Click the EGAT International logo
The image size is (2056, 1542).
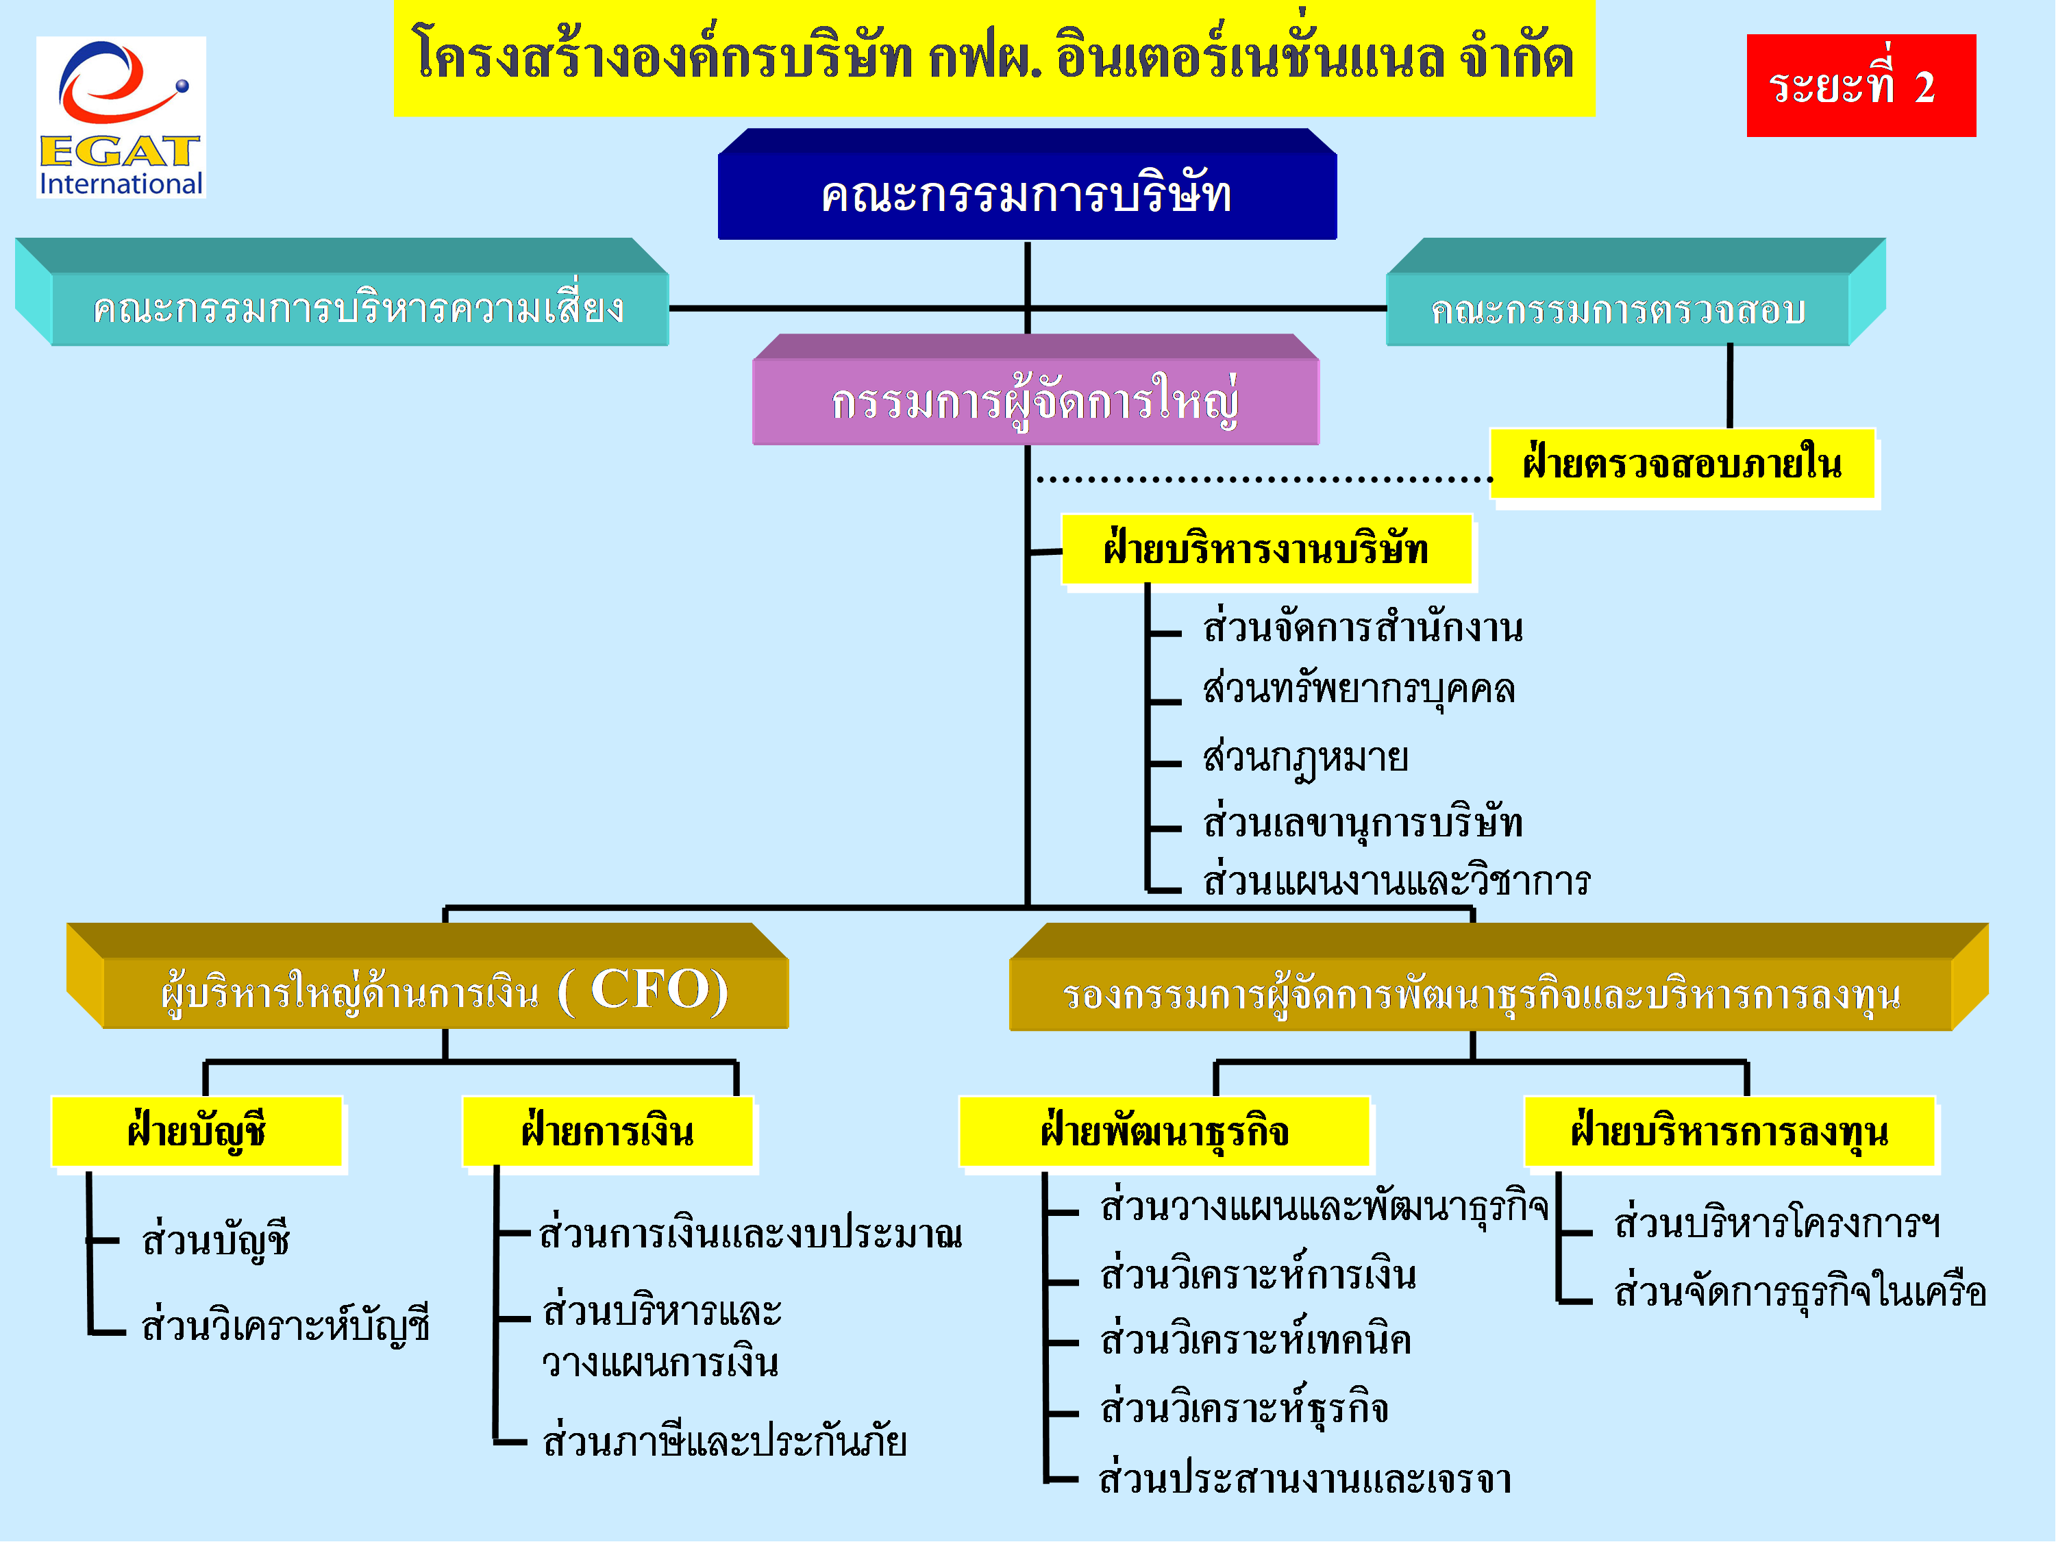tap(121, 117)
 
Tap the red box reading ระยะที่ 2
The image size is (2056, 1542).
tap(1861, 86)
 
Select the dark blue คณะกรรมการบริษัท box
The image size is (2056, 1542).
tap(1027, 184)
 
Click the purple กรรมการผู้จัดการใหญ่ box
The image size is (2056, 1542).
tap(1035, 390)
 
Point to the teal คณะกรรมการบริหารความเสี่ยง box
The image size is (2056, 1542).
tap(342, 292)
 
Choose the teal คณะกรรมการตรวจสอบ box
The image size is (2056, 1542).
tap(1636, 292)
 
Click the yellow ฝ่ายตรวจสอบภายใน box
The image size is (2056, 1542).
tap(1683, 464)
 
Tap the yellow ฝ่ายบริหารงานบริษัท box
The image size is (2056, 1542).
tap(1267, 549)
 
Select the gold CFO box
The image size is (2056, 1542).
tap(428, 976)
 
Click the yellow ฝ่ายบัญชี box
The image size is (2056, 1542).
tap(197, 1131)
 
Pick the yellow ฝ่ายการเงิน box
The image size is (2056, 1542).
tap(608, 1131)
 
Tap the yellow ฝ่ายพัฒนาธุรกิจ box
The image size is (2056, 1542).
tap(1165, 1131)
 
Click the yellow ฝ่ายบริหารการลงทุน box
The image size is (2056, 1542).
tap(1730, 1131)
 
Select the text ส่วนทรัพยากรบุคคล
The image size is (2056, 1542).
tap(1359, 691)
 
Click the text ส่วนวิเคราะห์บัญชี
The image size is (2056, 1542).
tap(286, 1324)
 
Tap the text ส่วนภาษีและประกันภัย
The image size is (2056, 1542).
tap(725, 1441)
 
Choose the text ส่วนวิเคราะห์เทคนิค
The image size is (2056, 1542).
tap(1256, 1339)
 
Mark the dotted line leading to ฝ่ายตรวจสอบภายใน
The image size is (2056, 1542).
tap(1265, 480)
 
